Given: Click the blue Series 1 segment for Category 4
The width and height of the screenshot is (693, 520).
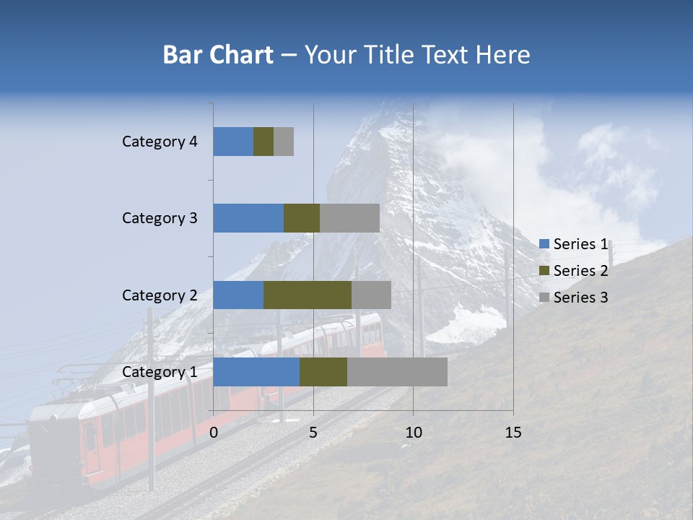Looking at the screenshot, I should [x=233, y=142].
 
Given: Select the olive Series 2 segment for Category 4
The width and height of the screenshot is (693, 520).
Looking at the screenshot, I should [x=263, y=142].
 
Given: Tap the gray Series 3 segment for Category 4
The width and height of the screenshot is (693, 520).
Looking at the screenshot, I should [x=284, y=142].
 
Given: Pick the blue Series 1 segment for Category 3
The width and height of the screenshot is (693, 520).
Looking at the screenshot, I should [x=248, y=218].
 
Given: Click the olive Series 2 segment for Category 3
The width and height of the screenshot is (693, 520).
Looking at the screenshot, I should [x=302, y=218].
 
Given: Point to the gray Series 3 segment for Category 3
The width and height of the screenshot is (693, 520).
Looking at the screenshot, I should [x=349, y=218].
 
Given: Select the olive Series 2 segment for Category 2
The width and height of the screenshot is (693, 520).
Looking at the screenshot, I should [x=308, y=295].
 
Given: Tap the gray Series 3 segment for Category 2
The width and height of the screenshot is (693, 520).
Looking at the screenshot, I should [x=371, y=295].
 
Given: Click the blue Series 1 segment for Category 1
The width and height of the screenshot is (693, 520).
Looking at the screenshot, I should [x=256, y=372].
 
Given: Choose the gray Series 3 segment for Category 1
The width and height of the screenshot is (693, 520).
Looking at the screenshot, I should [x=397, y=372].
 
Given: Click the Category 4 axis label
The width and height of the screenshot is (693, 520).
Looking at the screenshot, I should [x=160, y=142].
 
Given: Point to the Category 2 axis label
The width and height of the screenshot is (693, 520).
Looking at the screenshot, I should [x=160, y=295].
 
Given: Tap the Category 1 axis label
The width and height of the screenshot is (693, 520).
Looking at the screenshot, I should [x=160, y=372].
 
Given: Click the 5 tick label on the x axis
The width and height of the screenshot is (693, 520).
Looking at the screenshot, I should [x=313, y=433].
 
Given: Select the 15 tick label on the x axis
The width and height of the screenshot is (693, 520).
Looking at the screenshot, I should [x=513, y=433].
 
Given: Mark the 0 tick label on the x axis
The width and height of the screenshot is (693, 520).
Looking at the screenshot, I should [x=214, y=433].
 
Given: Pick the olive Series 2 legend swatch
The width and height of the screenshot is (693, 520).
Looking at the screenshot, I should [x=544, y=271].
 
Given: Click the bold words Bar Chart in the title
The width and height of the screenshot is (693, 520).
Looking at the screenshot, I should [x=218, y=55].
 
